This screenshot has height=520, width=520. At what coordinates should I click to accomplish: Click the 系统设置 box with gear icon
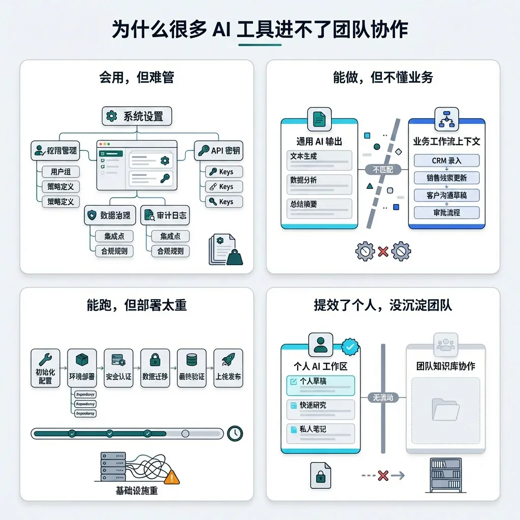point(137,116)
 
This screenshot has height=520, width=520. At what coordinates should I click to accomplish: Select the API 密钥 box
point(218,150)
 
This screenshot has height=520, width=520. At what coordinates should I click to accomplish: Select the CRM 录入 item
point(446,160)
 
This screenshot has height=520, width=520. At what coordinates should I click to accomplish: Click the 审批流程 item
point(446,212)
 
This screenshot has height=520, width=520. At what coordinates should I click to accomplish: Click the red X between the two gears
point(383,251)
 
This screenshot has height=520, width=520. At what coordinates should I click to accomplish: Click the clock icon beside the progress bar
point(235,433)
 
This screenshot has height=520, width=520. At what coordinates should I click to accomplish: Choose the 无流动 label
point(383,398)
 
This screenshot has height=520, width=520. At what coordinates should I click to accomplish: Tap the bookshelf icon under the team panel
point(445,476)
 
